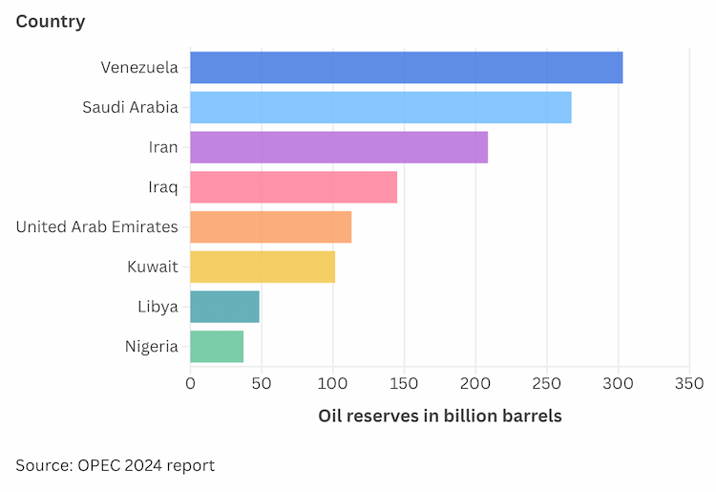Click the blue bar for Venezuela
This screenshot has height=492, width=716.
coord(406,68)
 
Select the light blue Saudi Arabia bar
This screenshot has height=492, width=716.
coord(380,108)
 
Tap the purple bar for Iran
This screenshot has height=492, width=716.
coord(338,147)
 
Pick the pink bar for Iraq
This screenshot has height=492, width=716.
coord(293,187)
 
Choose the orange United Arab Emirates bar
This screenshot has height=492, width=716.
coord(270,227)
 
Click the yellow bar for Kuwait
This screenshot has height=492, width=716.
coord(262,267)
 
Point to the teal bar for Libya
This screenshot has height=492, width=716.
coord(224,307)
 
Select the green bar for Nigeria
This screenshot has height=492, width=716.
coord(217,346)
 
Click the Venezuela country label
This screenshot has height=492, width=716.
coord(139,68)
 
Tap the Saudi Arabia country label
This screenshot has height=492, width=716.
coord(130,108)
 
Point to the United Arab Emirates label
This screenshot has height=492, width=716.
coord(97,227)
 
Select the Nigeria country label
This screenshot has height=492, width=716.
coord(151,346)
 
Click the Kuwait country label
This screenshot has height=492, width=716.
coord(153,267)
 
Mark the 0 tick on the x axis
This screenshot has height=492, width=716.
coord(190,384)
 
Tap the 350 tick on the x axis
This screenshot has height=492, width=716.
coord(689,384)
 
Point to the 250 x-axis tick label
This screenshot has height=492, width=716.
coord(547,384)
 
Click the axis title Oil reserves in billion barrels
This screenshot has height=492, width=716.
coord(439,417)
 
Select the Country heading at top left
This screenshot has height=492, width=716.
coord(51,21)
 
